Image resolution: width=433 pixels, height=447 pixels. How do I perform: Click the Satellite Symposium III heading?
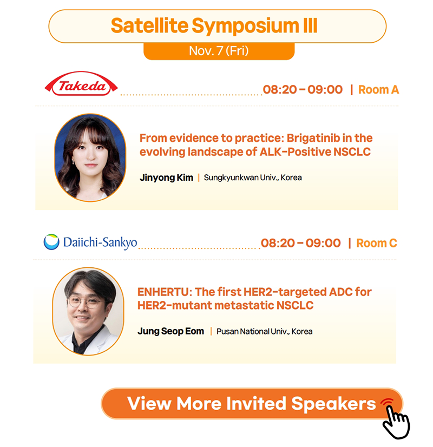coord(214,26)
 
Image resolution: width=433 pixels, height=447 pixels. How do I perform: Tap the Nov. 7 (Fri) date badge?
coord(219,51)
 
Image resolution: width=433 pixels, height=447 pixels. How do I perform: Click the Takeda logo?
coord(81,83)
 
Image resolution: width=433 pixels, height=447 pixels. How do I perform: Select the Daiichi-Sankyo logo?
coord(90,242)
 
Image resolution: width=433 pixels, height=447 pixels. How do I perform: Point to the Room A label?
coord(378,89)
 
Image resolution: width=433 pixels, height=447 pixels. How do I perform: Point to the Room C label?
coord(377,243)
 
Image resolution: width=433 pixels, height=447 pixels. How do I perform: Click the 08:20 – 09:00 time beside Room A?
coord(303,89)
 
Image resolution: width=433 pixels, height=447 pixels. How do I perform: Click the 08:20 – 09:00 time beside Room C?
coord(301,243)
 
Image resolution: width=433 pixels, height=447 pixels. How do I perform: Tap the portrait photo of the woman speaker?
coord(90,157)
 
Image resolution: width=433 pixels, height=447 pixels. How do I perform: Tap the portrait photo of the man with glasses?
coord(88,311)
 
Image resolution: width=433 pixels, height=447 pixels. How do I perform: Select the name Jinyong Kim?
coord(167,178)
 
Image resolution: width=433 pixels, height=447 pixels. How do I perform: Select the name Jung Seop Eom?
coord(170,331)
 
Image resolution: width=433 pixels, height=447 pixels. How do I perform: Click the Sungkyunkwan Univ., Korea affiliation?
coord(253,178)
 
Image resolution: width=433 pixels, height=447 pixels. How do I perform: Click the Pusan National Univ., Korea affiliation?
coord(265,332)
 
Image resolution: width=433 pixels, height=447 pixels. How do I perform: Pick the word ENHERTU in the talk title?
coord(165,292)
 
